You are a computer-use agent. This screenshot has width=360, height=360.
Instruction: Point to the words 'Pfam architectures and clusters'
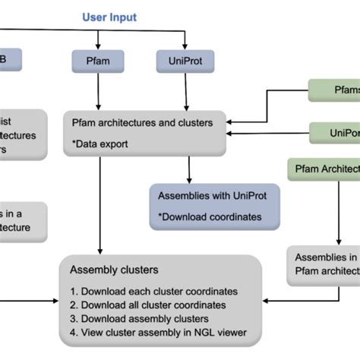coord(142,122)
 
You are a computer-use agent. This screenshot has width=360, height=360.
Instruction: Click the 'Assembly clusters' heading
coord(114,269)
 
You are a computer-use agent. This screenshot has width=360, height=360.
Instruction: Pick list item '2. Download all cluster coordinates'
coord(150,305)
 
